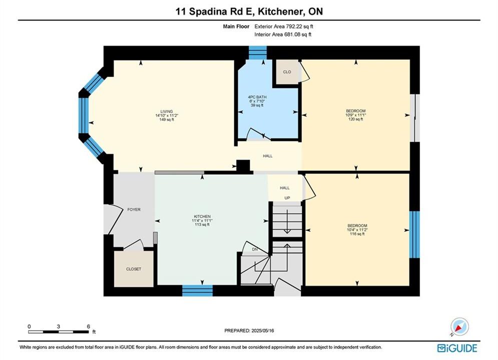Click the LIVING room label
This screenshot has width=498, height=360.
(167, 111)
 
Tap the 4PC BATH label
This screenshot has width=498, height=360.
(257, 97)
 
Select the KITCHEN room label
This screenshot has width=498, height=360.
(202, 216)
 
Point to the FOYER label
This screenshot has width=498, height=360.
(134, 209)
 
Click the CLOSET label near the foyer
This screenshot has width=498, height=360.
(134, 269)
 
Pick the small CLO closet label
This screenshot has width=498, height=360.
(287, 72)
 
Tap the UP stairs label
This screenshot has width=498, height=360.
(287, 198)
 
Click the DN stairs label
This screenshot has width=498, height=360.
(255, 249)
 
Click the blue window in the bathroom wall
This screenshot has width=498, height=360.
(257, 52)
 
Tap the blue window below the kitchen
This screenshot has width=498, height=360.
(197, 290)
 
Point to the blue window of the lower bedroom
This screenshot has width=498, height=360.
(414, 234)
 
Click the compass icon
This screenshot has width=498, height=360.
(459, 326)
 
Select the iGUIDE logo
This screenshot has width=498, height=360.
(457, 348)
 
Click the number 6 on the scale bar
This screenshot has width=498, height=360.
(88, 326)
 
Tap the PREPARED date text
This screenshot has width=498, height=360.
(249, 330)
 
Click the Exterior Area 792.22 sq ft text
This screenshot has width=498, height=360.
(284, 26)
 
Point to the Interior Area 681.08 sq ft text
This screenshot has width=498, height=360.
(283, 34)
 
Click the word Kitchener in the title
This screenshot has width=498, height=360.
(279, 11)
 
